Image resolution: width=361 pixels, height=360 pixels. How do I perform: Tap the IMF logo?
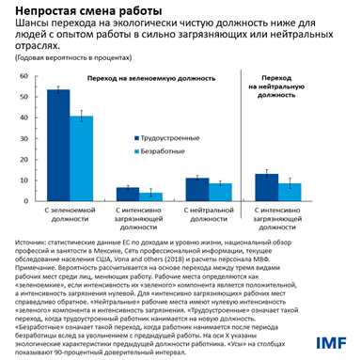[333, 340]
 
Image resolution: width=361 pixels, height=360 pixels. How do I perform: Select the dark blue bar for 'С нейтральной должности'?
[196, 188]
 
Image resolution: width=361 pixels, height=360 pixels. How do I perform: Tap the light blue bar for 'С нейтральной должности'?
[219, 191]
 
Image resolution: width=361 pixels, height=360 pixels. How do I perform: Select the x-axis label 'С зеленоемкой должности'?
[71, 211]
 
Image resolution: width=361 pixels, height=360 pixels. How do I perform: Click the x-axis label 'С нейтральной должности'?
[208, 211]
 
